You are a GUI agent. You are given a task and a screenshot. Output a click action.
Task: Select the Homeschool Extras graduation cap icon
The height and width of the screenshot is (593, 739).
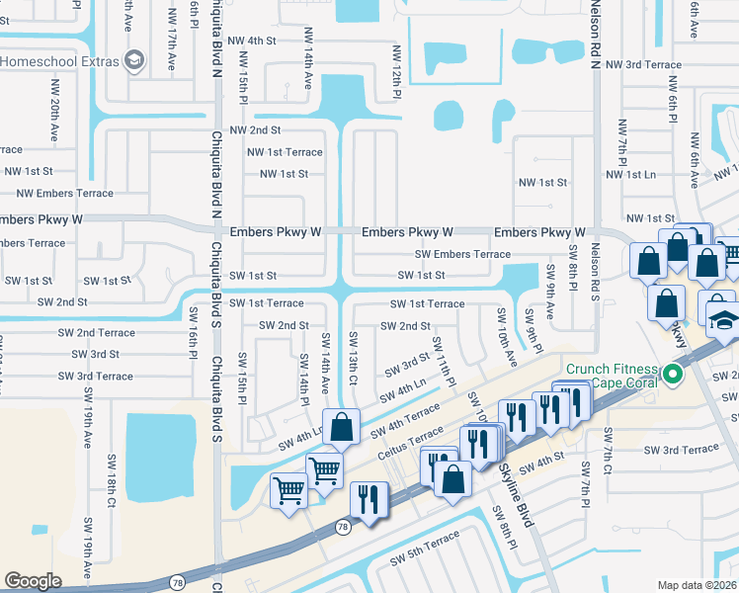[132, 61]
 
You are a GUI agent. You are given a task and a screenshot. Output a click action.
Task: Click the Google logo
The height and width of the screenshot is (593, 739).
[33, 580]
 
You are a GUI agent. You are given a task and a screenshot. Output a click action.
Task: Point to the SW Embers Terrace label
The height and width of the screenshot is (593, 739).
[462, 254]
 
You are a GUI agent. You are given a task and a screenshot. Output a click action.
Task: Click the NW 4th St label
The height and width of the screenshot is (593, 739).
[251, 41]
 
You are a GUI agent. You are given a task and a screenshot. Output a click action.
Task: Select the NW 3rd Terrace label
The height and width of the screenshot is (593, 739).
[643, 64]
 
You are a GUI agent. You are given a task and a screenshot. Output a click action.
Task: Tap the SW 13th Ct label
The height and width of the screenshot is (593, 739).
[353, 356]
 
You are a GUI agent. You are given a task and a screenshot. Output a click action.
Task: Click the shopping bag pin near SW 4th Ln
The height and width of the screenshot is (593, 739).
[341, 427]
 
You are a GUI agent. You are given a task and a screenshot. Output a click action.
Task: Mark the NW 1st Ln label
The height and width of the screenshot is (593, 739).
[628, 174]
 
